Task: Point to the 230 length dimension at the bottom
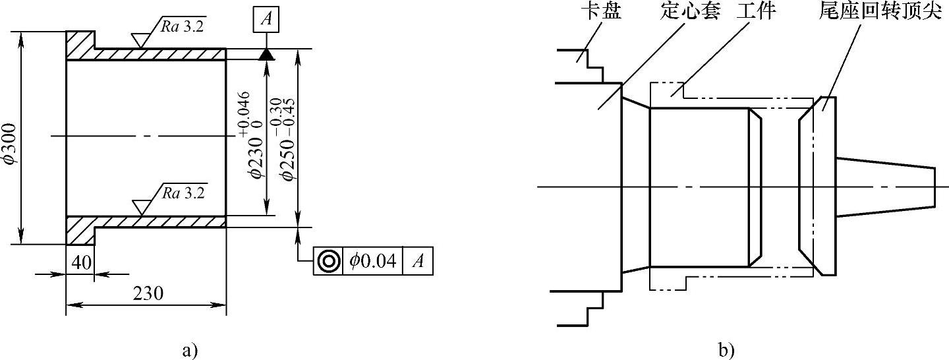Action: coord(147,293)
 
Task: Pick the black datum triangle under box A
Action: coord(266,55)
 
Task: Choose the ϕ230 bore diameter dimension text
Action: coord(248,135)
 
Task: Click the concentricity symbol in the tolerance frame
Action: coord(328,261)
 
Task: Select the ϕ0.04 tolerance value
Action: coord(373,261)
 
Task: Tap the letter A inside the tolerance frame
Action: coord(418,261)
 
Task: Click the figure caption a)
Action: coord(189,349)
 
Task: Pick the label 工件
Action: coord(755,12)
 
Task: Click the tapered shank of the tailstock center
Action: coord(886,187)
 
